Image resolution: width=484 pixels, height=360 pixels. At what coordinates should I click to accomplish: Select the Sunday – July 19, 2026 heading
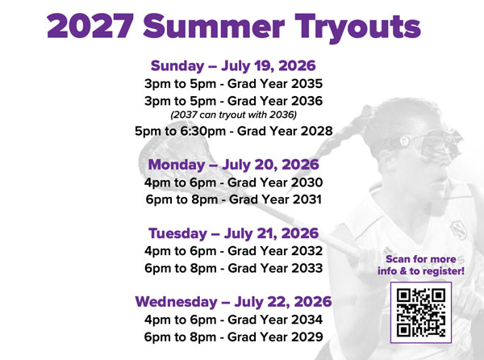[233, 65]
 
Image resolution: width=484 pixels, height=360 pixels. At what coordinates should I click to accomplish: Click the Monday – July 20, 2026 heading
[233, 165]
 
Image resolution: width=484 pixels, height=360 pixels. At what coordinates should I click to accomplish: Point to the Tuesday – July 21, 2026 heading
[233, 233]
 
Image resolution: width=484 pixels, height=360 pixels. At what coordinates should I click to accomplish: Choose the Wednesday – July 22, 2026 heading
[233, 302]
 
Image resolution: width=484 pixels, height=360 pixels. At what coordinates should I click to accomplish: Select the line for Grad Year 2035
[233, 83]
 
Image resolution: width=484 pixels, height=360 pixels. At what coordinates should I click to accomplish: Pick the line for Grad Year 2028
[233, 131]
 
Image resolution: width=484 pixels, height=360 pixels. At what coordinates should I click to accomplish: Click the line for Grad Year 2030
[233, 182]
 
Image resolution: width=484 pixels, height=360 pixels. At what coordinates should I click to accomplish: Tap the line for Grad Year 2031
[233, 199]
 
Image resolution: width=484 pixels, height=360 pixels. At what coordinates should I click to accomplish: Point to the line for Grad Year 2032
[233, 251]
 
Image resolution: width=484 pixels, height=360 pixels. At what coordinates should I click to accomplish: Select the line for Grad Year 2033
[233, 268]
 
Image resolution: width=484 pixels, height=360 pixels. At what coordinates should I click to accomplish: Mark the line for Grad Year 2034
[233, 320]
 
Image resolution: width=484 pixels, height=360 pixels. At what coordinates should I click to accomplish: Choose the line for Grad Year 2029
[233, 337]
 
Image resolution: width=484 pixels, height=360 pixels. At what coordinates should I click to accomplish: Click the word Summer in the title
[212, 27]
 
